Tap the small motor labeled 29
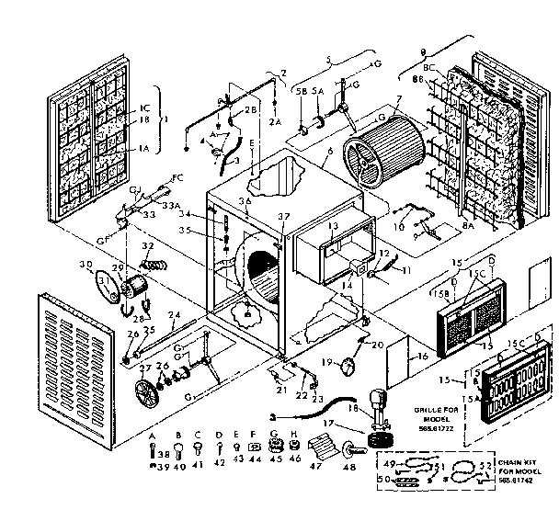click(138, 282)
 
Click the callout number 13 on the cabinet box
click(333, 226)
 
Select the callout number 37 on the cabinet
click(284, 217)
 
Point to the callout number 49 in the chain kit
click(388, 463)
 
